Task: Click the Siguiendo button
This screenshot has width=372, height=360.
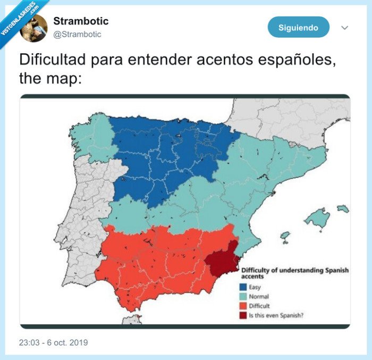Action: (x=298, y=27)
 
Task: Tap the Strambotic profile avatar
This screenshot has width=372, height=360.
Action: (x=33, y=28)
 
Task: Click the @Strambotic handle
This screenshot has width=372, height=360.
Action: (x=77, y=35)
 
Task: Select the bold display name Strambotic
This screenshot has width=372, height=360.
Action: (x=81, y=21)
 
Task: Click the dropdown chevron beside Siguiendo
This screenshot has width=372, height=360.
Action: (x=344, y=28)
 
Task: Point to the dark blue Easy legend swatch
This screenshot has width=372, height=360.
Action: (x=242, y=288)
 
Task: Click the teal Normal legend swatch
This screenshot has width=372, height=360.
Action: (x=242, y=297)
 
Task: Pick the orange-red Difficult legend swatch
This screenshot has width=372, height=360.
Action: (x=242, y=306)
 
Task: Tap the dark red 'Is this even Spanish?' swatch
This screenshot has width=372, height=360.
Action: (x=242, y=315)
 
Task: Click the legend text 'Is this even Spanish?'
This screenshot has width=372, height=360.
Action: (x=277, y=315)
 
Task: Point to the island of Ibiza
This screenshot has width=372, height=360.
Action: (x=285, y=235)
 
